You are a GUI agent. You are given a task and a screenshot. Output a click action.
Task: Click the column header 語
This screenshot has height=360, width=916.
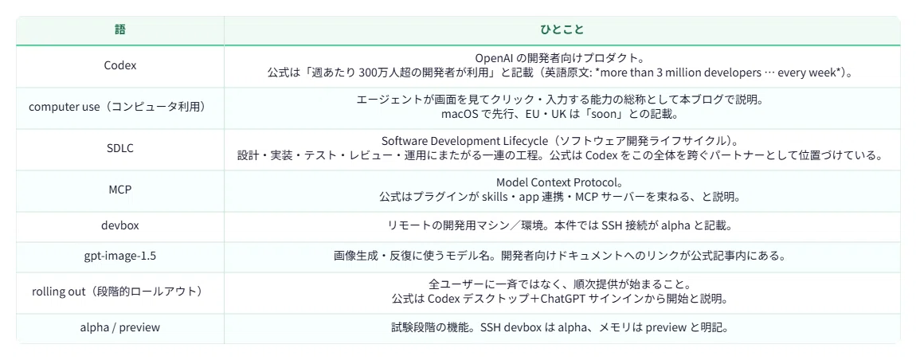click(x=119, y=29)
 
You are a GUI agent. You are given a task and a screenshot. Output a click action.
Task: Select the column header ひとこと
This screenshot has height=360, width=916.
click(x=562, y=29)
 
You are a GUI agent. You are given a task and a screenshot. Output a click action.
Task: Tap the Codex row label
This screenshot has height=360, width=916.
click(x=119, y=65)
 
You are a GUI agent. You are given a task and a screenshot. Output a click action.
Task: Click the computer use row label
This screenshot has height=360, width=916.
click(x=119, y=107)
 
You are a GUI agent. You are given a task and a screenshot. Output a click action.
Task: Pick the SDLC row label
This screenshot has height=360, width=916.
click(x=119, y=148)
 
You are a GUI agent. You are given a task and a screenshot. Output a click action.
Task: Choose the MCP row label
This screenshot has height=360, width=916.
click(x=119, y=190)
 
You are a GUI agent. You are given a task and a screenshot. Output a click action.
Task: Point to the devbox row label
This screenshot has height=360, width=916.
click(x=119, y=226)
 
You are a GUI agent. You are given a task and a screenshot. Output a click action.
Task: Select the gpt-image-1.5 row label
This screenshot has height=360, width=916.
click(x=119, y=256)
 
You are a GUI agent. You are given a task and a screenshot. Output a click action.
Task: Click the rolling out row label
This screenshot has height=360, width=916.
click(x=119, y=292)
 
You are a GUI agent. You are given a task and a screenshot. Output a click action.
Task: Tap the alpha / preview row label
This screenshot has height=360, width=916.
click(x=119, y=328)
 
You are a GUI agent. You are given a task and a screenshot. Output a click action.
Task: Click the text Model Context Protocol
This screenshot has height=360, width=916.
click(x=555, y=182)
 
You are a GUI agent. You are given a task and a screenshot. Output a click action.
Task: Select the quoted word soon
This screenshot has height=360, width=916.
click(x=609, y=115)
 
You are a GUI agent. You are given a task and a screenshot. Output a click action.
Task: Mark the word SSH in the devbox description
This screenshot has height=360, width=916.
click(x=605, y=226)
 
